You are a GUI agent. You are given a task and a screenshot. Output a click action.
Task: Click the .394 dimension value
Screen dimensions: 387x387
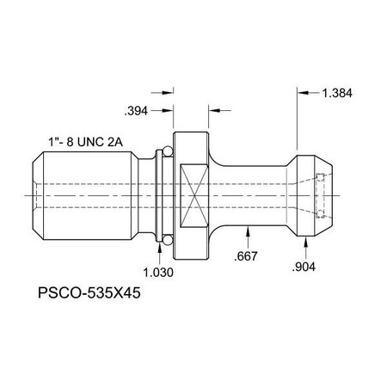(x=137, y=110)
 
